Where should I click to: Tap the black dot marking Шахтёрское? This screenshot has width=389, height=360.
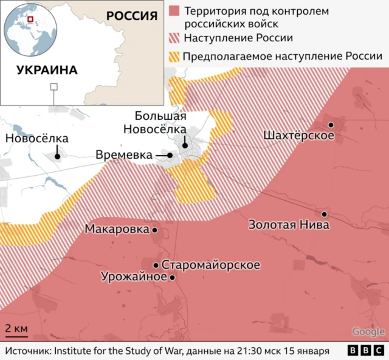[331, 125]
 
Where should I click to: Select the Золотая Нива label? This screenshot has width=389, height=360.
[289, 225]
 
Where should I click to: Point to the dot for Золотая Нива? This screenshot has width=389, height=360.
[325, 214]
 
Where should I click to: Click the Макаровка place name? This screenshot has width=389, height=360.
[117, 230]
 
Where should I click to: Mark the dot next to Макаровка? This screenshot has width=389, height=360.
[155, 230]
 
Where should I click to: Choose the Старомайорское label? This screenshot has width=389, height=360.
[211, 265]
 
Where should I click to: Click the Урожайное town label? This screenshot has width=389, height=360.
[134, 277]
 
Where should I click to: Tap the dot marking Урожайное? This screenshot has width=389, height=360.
[172, 277]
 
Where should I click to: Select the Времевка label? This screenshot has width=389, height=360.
[124, 156]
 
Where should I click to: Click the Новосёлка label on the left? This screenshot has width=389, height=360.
[36, 139]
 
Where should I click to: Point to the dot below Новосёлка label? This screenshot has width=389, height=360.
[57, 156]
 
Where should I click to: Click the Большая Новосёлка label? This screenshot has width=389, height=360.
[160, 122]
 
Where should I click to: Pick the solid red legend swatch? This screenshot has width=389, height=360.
[174, 12]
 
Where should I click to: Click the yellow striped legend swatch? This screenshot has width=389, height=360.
[174, 57]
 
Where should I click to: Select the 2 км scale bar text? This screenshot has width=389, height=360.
[16, 328]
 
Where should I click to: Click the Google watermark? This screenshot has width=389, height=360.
[368, 331]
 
